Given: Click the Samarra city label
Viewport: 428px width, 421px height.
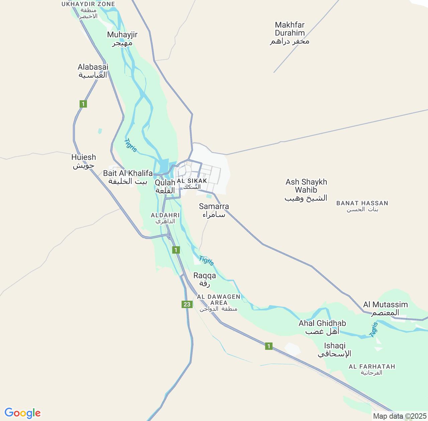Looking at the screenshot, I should [x=214, y=210].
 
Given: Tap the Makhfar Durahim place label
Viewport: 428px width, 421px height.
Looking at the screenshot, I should [x=290, y=33].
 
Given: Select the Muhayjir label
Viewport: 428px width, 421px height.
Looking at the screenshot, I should [x=122, y=38].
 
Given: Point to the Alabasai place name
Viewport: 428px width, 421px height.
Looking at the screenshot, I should [x=93, y=71].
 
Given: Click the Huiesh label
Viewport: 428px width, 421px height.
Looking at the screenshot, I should [x=84, y=161].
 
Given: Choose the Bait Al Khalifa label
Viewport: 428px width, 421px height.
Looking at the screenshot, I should [x=128, y=177].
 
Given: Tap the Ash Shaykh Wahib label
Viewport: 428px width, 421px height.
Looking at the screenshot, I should [x=306, y=190].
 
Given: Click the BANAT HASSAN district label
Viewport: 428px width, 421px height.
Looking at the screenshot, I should [x=362, y=206].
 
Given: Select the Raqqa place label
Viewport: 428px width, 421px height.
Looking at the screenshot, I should [x=205, y=279].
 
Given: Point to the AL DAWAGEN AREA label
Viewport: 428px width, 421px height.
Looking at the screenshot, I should [x=219, y=302].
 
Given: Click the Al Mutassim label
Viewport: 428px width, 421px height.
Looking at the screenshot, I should [x=386, y=308].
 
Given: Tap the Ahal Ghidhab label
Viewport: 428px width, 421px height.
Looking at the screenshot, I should [x=322, y=327].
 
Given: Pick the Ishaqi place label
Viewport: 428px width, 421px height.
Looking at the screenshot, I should [x=335, y=349].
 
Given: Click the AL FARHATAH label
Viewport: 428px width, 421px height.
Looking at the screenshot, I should [x=372, y=369].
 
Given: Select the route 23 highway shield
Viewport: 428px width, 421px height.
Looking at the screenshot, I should [x=187, y=304].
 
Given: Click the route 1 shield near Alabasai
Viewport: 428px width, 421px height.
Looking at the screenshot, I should [x=83, y=104].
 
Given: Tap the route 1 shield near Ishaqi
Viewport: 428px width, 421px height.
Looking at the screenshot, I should [x=269, y=346].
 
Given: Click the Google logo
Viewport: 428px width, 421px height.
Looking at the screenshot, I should [x=22, y=413].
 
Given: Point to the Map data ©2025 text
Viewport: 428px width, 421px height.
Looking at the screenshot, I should [x=400, y=416].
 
